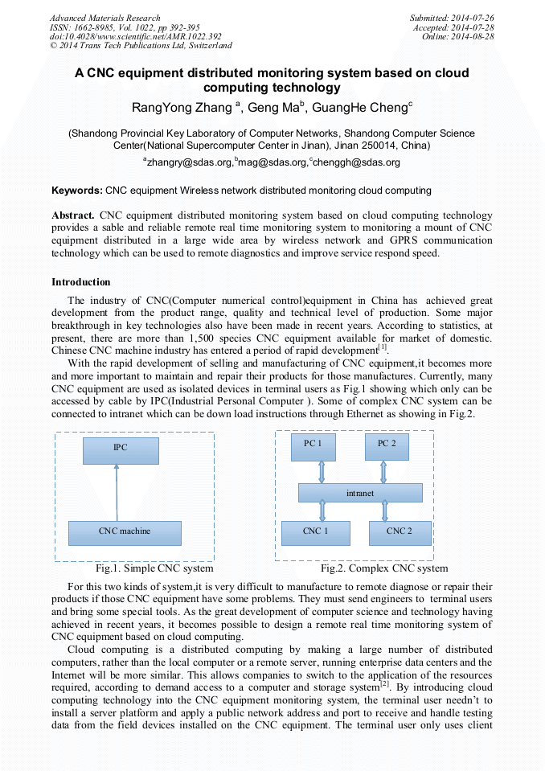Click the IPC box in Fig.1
click(120, 450)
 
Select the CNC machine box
click(125, 532)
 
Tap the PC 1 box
click(313, 446)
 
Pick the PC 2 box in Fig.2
click(387, 446)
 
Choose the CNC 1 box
click(315, 532)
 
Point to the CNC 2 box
click(400, 532)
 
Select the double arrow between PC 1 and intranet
click(322, 472)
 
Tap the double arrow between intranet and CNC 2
click(385, 511)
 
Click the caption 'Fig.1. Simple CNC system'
click(154, 568)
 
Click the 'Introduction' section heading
click(81, 282)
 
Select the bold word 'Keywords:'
click(77, 191)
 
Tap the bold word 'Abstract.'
click(74, 215)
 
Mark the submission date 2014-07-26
click(473, 18)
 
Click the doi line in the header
click(135, 37)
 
